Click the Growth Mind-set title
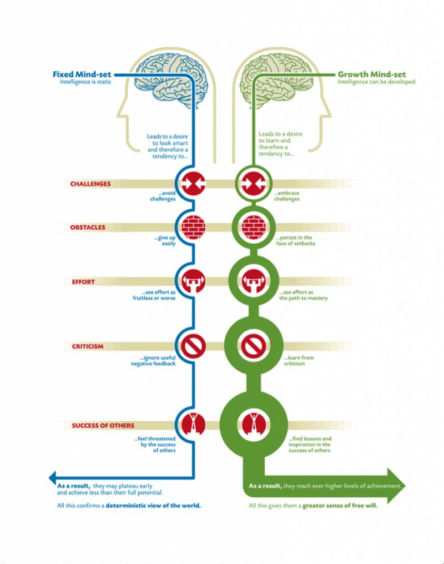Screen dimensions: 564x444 372,74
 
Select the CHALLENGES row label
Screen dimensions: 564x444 90,184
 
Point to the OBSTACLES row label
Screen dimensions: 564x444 88,227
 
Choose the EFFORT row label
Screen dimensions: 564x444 83,281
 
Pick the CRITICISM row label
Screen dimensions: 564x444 88,346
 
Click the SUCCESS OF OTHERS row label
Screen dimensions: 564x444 103,426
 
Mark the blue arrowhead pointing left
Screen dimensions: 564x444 53,477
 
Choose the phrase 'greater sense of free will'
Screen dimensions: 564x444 340,506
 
